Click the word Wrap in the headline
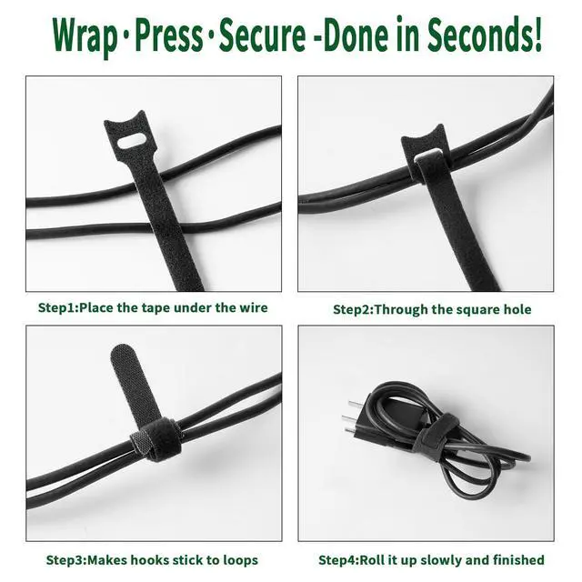[x=84, y=35]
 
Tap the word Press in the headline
[x=168, y=35]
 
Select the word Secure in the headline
[x=263, y=35]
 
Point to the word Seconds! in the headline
[x=485, y=34]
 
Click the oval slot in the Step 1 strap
[x=132, y=142]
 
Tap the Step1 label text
[x=58, y=307]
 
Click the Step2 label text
[x=354, y=309]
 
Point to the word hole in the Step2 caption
[x=517, y=309]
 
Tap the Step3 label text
[x=66, y=560]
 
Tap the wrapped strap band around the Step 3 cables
[x=156, y=440]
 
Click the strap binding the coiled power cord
[x=435, y=437]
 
